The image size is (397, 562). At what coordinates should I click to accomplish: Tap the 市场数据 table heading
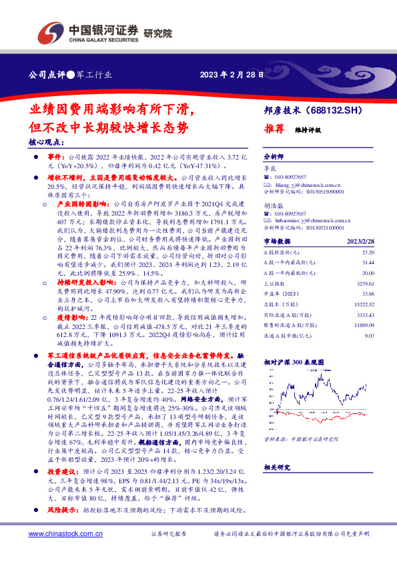[x=279, y=240]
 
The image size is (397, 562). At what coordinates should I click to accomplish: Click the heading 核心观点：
[x=47, y=142]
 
